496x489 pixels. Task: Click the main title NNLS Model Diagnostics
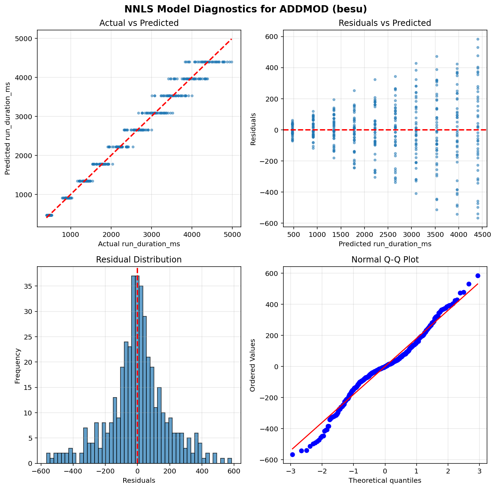pyautogui.click(x=248, y=9)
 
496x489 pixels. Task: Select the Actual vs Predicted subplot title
pyautogui.click(x=139, y=23)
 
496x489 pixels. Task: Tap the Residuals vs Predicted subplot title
pyautogui.click(x=385, y=23)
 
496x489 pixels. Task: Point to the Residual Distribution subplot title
pyautogui.click(x=139, y=260)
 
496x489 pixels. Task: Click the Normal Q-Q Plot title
pyautogui.click(x=385, y=260)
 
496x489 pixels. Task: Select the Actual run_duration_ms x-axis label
pyautogui.click(x=139, y=244)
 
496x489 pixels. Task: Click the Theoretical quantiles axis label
pyautogui.click(x=385, y=480)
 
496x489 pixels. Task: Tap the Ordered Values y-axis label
pyautogui.click(x=253, y=365)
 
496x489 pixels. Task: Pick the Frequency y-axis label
pyautogui.click(x=18, y=366)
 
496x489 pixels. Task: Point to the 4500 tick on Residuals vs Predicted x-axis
pyautogui.click(x=482, y=234)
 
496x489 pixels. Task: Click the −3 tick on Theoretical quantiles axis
pyautogui.click(x=291, y=471)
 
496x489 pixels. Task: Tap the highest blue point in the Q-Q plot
pyautogui.click(x=478, y=276)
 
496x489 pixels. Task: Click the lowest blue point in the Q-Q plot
pyautogui.click(x=292, y=454)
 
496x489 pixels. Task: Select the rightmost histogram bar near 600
pyautogui.click(x=230, y=461)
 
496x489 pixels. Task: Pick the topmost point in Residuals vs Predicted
pyautogui.click(x=478, y=39)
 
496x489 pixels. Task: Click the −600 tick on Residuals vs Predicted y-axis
pyautogui.click(x=270, y=223)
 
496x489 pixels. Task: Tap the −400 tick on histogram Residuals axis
pyautogui.click(x=72, y=471)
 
